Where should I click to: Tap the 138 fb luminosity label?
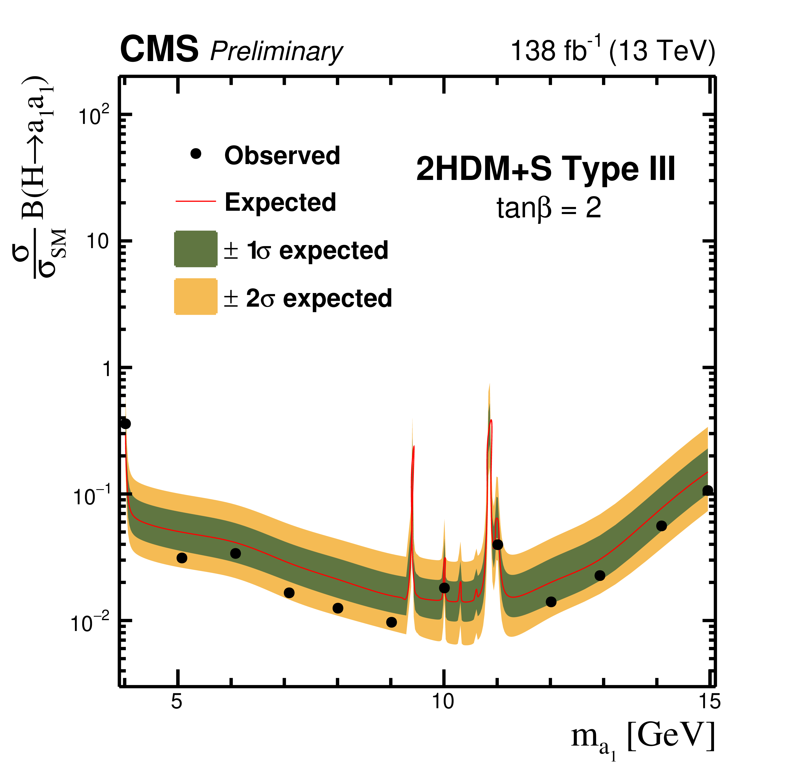tap(550, 51)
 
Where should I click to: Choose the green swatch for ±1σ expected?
tap(196, 249)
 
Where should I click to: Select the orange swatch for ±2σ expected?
tap(196, 296)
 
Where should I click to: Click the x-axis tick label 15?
tap(710, 701)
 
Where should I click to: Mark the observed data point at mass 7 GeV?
tap(289, 593)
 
